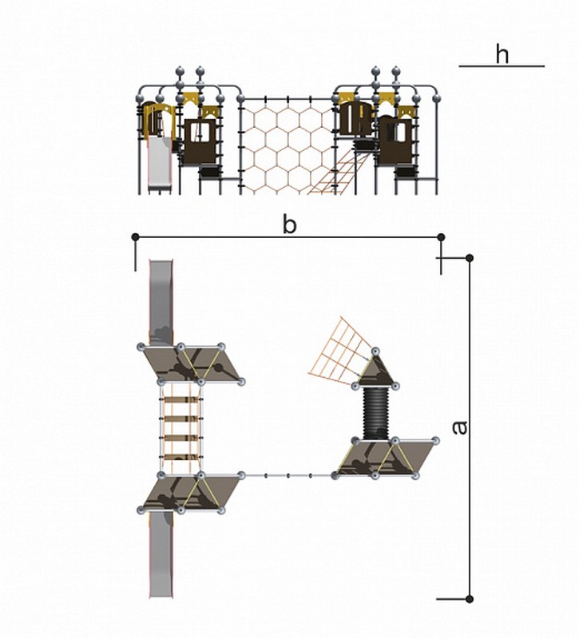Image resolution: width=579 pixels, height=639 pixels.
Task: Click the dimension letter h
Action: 502,54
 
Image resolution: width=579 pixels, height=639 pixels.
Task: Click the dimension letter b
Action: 289,224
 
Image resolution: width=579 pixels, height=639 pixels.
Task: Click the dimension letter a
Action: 459,427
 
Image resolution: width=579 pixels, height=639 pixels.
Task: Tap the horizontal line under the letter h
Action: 502,66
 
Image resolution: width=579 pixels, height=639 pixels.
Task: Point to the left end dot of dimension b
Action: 136,236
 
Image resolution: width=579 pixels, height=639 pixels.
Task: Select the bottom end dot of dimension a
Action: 470,598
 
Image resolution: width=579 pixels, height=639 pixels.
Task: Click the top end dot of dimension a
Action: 470,257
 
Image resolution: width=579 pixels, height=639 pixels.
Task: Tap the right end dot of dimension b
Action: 441,236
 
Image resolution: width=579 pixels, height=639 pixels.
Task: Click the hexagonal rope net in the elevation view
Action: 285,144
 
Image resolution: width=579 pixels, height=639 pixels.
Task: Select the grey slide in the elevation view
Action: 163,164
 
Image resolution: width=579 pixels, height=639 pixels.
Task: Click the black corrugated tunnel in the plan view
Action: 375,413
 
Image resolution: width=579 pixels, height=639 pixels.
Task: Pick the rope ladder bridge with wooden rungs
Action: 180,431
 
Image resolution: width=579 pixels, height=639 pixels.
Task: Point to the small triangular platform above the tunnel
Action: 375,372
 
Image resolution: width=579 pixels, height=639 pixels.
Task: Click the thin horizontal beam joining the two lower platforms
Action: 288,476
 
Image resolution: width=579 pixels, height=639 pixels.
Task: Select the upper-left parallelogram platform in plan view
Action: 192,364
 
